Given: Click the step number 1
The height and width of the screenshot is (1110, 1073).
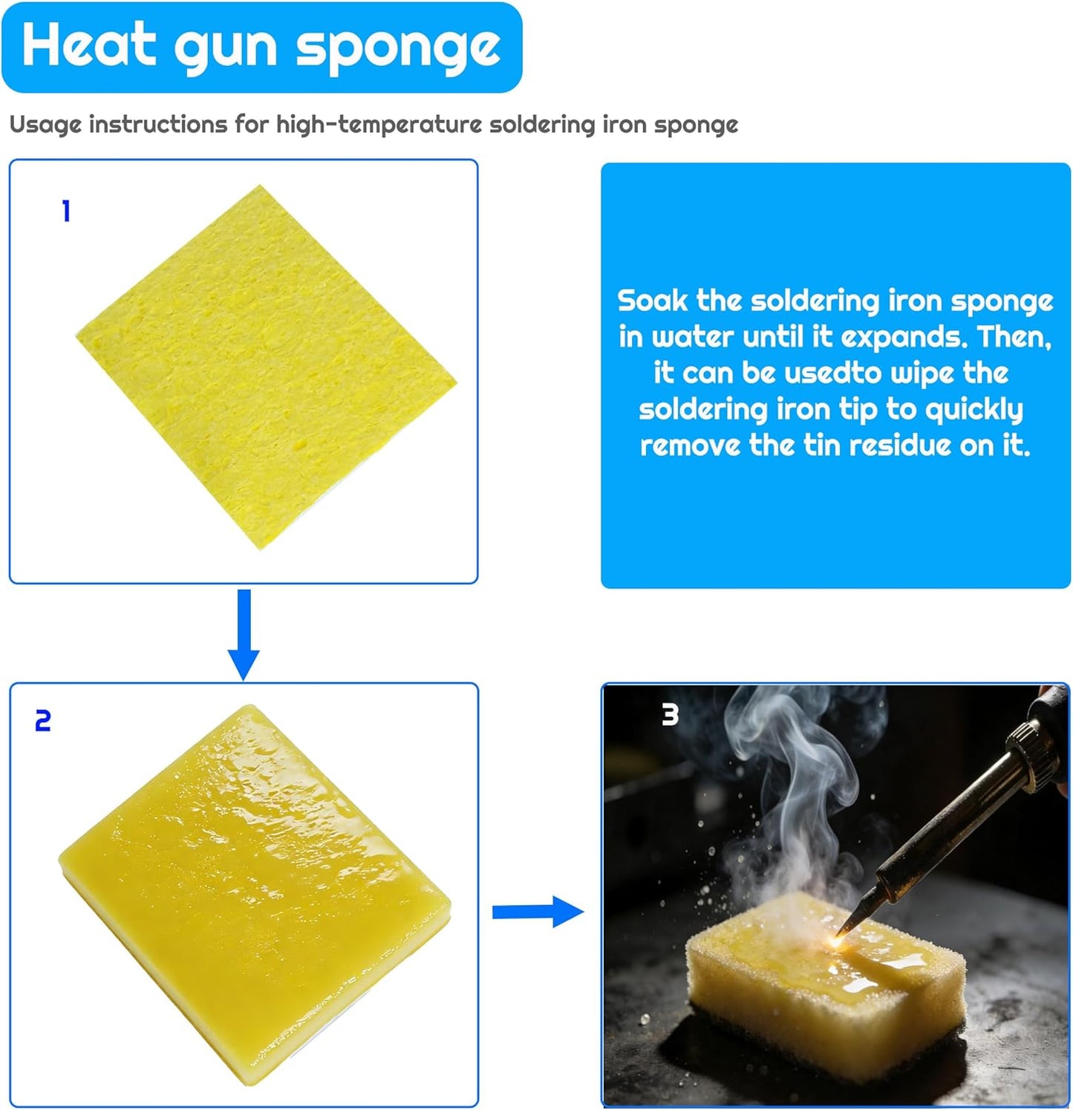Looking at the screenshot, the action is pyautogui.click(x=66, y=212).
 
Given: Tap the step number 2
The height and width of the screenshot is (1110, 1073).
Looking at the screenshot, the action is pyautogui.click(x=43, y=721).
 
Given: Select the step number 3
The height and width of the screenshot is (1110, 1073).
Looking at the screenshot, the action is pyautogui.click(x=670, y=714).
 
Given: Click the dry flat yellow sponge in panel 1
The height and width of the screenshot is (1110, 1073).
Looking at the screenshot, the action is pyautogui.click(x=267, y=367).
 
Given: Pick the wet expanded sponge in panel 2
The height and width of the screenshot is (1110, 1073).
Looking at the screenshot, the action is pyautogui.click(x=255, y=895).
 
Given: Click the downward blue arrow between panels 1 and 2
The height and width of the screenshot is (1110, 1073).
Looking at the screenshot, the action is pyautogui.click(x=244, y=634).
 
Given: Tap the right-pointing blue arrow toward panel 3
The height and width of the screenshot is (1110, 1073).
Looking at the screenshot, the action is pyautogui.click(x=538, y=911).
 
